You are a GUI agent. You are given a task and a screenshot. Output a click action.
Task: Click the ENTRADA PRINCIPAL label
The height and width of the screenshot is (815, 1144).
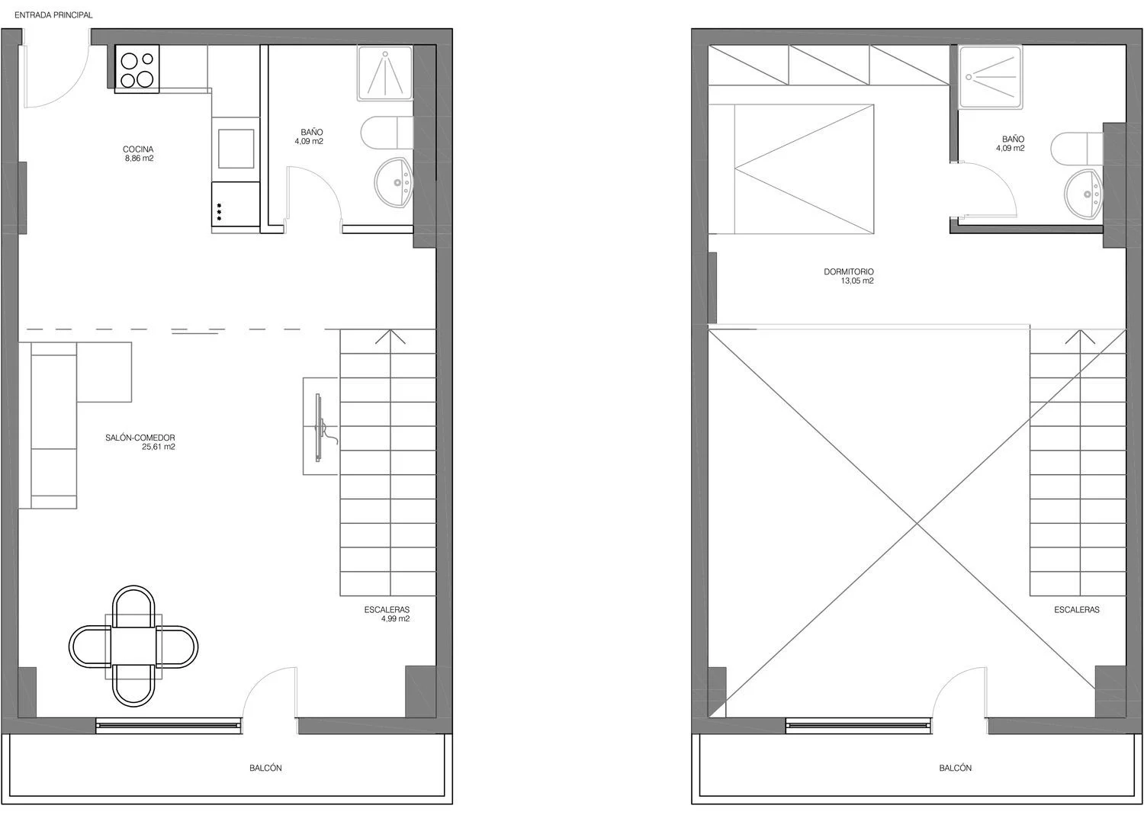pos(53,15)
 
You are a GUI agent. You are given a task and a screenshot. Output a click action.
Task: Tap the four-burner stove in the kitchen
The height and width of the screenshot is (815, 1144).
pos(137,69)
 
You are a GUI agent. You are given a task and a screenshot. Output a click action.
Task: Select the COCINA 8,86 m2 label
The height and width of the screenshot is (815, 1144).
pos(138,154)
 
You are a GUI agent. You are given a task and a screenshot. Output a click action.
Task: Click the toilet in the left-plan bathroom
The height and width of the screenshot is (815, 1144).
pos(387,133)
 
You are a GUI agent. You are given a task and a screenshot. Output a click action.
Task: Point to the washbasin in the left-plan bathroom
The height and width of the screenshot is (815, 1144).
pos(394,183)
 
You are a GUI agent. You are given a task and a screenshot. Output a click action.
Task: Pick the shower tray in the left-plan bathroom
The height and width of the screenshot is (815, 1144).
pos(385,73)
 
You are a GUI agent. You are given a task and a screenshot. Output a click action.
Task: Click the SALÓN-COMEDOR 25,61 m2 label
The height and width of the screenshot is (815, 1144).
pos(140,442)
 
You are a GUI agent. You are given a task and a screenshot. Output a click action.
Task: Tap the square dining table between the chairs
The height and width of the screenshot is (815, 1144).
pos(133,647)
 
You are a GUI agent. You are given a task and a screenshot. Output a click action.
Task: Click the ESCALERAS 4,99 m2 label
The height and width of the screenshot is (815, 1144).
pos(387,614)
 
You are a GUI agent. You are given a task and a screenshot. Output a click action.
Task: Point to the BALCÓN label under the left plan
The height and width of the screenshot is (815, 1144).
pos(265,768)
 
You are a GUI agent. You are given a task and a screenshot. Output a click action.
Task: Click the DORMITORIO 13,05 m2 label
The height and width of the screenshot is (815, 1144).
pos(849,276)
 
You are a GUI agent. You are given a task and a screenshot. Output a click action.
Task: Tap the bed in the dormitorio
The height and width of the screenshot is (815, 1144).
pos(791,169)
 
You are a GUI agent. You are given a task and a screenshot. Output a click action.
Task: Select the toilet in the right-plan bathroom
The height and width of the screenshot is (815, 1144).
pos(1077,149)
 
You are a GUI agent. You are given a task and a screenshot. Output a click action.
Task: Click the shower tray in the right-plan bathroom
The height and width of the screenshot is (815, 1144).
pos(990,77)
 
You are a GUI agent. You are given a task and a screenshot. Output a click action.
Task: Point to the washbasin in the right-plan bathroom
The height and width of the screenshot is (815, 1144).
pos(1084,194)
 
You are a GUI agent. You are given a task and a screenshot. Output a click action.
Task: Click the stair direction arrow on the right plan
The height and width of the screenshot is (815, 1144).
pos(1080,338)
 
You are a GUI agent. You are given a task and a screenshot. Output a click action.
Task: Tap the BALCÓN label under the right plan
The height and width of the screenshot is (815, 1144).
pos(956,768)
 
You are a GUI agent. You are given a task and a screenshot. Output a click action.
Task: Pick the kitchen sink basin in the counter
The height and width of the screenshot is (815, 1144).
pos(236,149)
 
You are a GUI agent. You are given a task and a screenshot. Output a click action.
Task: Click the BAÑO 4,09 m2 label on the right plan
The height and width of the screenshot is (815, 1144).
pos(1011,143)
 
